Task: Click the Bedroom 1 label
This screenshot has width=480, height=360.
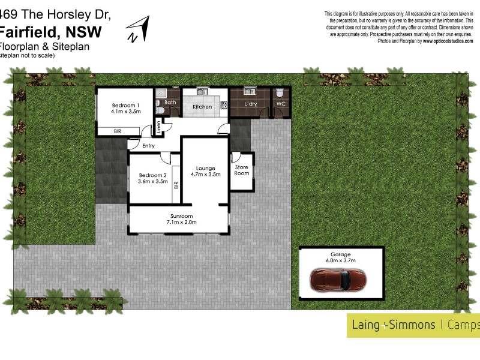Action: pos(125,104)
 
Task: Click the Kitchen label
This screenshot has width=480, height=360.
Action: pos(202,107)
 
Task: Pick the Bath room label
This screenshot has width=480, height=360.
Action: pos(170,103)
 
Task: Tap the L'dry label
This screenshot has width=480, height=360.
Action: pos(251,104)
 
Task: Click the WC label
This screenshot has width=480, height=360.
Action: pos(280,104)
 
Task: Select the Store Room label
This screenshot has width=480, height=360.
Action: pos(241,170)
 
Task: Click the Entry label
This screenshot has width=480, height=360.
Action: pos(148,145)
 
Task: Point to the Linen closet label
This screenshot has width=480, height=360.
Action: pos(158,127)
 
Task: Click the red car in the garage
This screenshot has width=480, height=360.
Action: pos(338,280)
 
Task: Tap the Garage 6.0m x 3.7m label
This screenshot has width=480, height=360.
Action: pos(340,257)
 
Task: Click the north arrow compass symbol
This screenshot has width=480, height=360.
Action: pos(139,29)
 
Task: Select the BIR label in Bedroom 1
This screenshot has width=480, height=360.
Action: pos(119,131)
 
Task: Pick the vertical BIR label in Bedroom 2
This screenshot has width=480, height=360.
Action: pos(175,185)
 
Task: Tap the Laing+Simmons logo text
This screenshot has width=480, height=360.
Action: pos(391,325)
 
